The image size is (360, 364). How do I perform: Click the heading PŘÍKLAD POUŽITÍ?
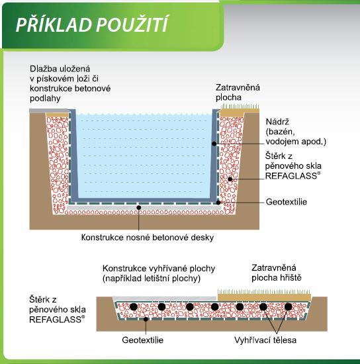tap(92, 24)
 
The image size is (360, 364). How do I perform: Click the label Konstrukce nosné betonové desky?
tap(148, 238)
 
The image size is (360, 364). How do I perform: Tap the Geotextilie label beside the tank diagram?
tap(287, 202)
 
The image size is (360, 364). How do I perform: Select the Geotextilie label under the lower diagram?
tap(143, 340)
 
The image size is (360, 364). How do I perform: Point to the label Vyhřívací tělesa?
tap(265, 340)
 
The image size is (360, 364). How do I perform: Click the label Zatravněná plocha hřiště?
tap(276, 273)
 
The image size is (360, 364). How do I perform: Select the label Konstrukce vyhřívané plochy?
tap(159, 269)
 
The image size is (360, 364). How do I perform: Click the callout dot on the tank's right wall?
tap(214, 144)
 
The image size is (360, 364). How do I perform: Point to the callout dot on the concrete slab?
tap(139, 208)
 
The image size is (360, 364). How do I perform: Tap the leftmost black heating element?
tap(134, 307)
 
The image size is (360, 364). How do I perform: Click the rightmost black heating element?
tap(288, 307)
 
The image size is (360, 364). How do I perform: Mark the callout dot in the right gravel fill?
tap(230, 179)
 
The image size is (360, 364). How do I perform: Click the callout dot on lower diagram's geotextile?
tap(146, 319)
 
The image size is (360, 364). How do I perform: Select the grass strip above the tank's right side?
tap(240, 109)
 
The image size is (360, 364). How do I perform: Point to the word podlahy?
tap(45, 99)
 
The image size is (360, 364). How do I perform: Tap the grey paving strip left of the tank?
tap(50, 111)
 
